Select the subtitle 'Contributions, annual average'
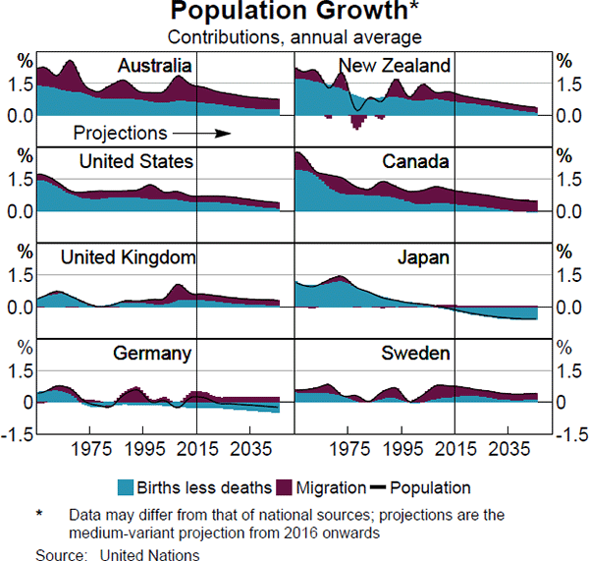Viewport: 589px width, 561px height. click(294, 37)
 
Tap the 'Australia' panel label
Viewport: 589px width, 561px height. click(154, 66)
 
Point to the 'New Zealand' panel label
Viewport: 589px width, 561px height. click(394, 66)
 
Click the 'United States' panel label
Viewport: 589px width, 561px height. click(135, 161)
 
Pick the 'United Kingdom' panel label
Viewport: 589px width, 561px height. click(128, 257)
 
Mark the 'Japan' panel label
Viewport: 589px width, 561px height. click(423, 257)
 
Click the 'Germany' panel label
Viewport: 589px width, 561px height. click(151, 354)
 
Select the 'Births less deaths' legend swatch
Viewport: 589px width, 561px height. click(125, 487)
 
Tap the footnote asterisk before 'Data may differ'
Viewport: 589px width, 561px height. click(39, 514)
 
